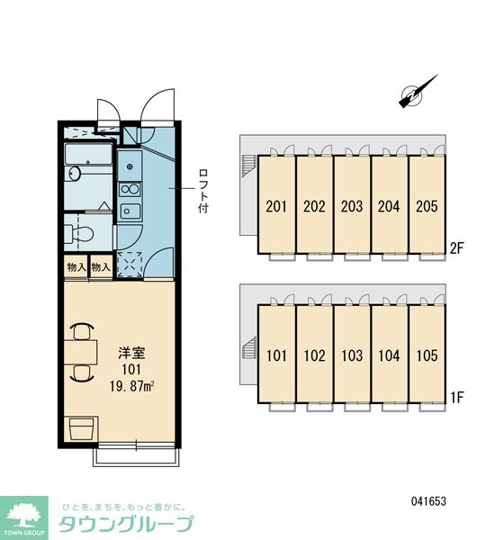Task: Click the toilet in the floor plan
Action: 79,233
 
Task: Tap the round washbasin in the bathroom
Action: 75,173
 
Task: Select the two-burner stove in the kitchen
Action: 130,189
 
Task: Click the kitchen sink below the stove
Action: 130,211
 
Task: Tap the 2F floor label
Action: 457,248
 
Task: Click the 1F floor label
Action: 457,398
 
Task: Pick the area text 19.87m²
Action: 131,386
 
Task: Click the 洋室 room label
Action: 131,353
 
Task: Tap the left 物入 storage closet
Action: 76,266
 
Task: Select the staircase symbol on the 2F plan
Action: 249,166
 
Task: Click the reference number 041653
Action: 428,501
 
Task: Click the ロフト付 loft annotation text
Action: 203,191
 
